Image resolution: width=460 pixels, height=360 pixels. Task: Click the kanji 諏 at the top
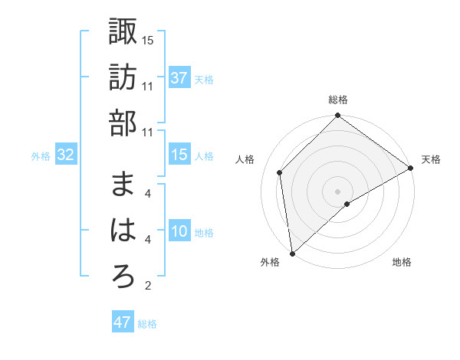123,32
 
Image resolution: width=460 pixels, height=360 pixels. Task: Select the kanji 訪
123,77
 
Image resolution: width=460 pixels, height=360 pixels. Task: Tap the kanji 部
123,123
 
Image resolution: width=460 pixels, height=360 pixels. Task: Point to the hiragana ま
123,185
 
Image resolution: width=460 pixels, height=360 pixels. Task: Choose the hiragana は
123,230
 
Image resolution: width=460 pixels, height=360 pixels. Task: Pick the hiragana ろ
123,277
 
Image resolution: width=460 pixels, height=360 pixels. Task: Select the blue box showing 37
179,77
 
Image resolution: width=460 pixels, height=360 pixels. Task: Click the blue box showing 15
179,155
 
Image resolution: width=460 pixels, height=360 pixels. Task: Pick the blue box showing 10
179,231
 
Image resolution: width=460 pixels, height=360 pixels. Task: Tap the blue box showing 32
65,155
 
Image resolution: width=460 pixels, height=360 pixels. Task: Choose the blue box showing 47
122,322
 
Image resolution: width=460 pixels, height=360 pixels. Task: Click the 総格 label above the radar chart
337,100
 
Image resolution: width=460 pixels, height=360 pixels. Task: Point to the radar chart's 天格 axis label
431,159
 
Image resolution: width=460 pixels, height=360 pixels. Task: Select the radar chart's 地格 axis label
402,263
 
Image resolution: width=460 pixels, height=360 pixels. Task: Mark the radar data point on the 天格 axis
410,168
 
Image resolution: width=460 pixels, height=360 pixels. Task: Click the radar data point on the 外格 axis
292,253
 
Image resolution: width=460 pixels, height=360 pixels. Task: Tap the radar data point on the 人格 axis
280,172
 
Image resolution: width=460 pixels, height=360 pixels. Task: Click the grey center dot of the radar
337,191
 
